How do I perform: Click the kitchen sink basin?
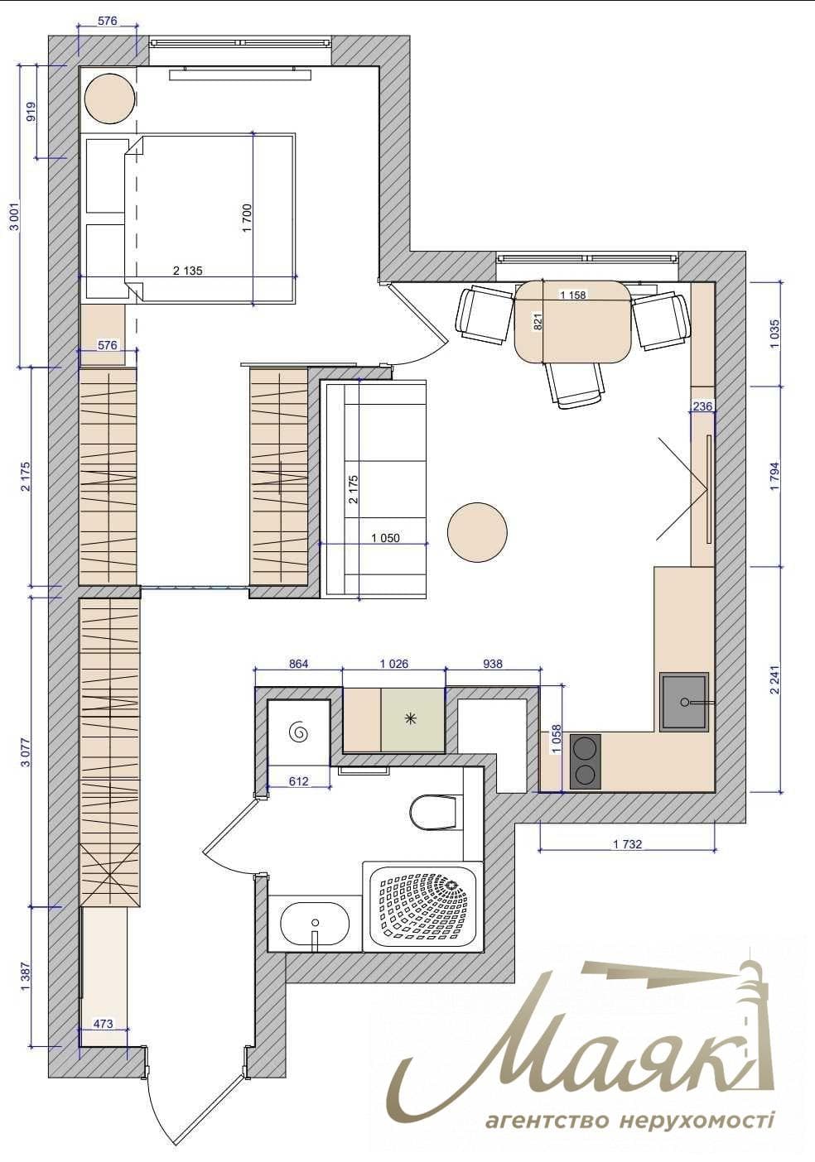(x=684, y=703)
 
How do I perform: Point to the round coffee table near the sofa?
(x=477, y=531)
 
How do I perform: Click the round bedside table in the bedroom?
(x=110, y=98)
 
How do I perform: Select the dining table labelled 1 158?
(x=573, y=322)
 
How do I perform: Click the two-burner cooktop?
(x=585, y=761)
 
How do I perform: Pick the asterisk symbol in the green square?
(x=411, y=718)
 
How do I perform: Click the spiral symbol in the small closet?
(x=300, y=732)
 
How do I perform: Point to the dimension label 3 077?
(x=26, y=751)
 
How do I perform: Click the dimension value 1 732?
(x=628, y=844)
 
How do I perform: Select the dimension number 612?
(x=298, y=780)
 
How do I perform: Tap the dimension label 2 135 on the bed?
(x=187, y=271)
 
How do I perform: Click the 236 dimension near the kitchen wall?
(x=702, y=406)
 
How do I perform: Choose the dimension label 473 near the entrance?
(x=104, y=1024)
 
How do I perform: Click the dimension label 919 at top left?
(x=31, y=112)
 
